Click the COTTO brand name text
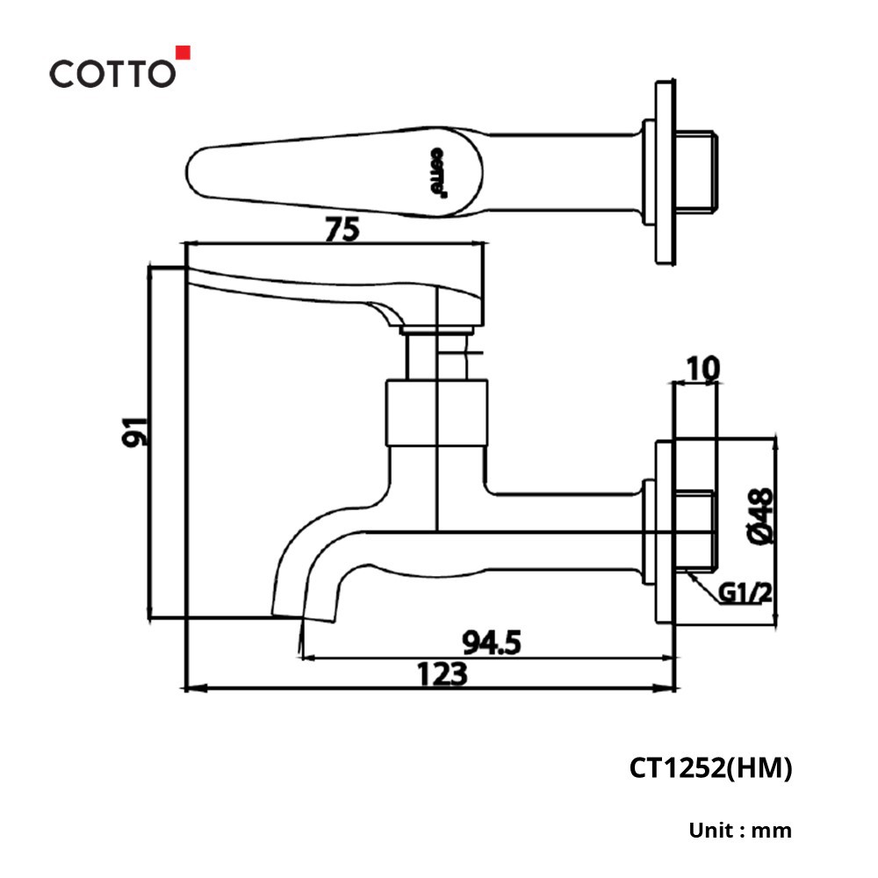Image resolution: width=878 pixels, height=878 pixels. pyautogui.click(x=112, y=74)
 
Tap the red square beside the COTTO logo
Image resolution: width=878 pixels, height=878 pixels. pyautogui.click(x=184, y=52)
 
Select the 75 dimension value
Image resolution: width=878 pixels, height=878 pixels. pyautogui.click(x=342, y=229)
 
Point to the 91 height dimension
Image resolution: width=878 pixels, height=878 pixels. pyautogui.click(x=135, y=432)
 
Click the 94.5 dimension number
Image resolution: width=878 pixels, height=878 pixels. pyautogui.click(x=492, y=643)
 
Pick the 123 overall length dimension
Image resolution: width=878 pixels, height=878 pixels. pyautogui.click(x=442, y=673)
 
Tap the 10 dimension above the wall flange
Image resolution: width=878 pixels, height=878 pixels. pyautogui.click(x=702, y=369)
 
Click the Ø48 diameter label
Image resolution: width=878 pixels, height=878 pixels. pyautogui.click(x=760, y=515)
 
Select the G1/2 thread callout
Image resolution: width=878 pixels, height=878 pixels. pyautogui.click(x=745, y=593)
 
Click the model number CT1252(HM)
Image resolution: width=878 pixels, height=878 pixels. pyautogui.click(x=710, y=768)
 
